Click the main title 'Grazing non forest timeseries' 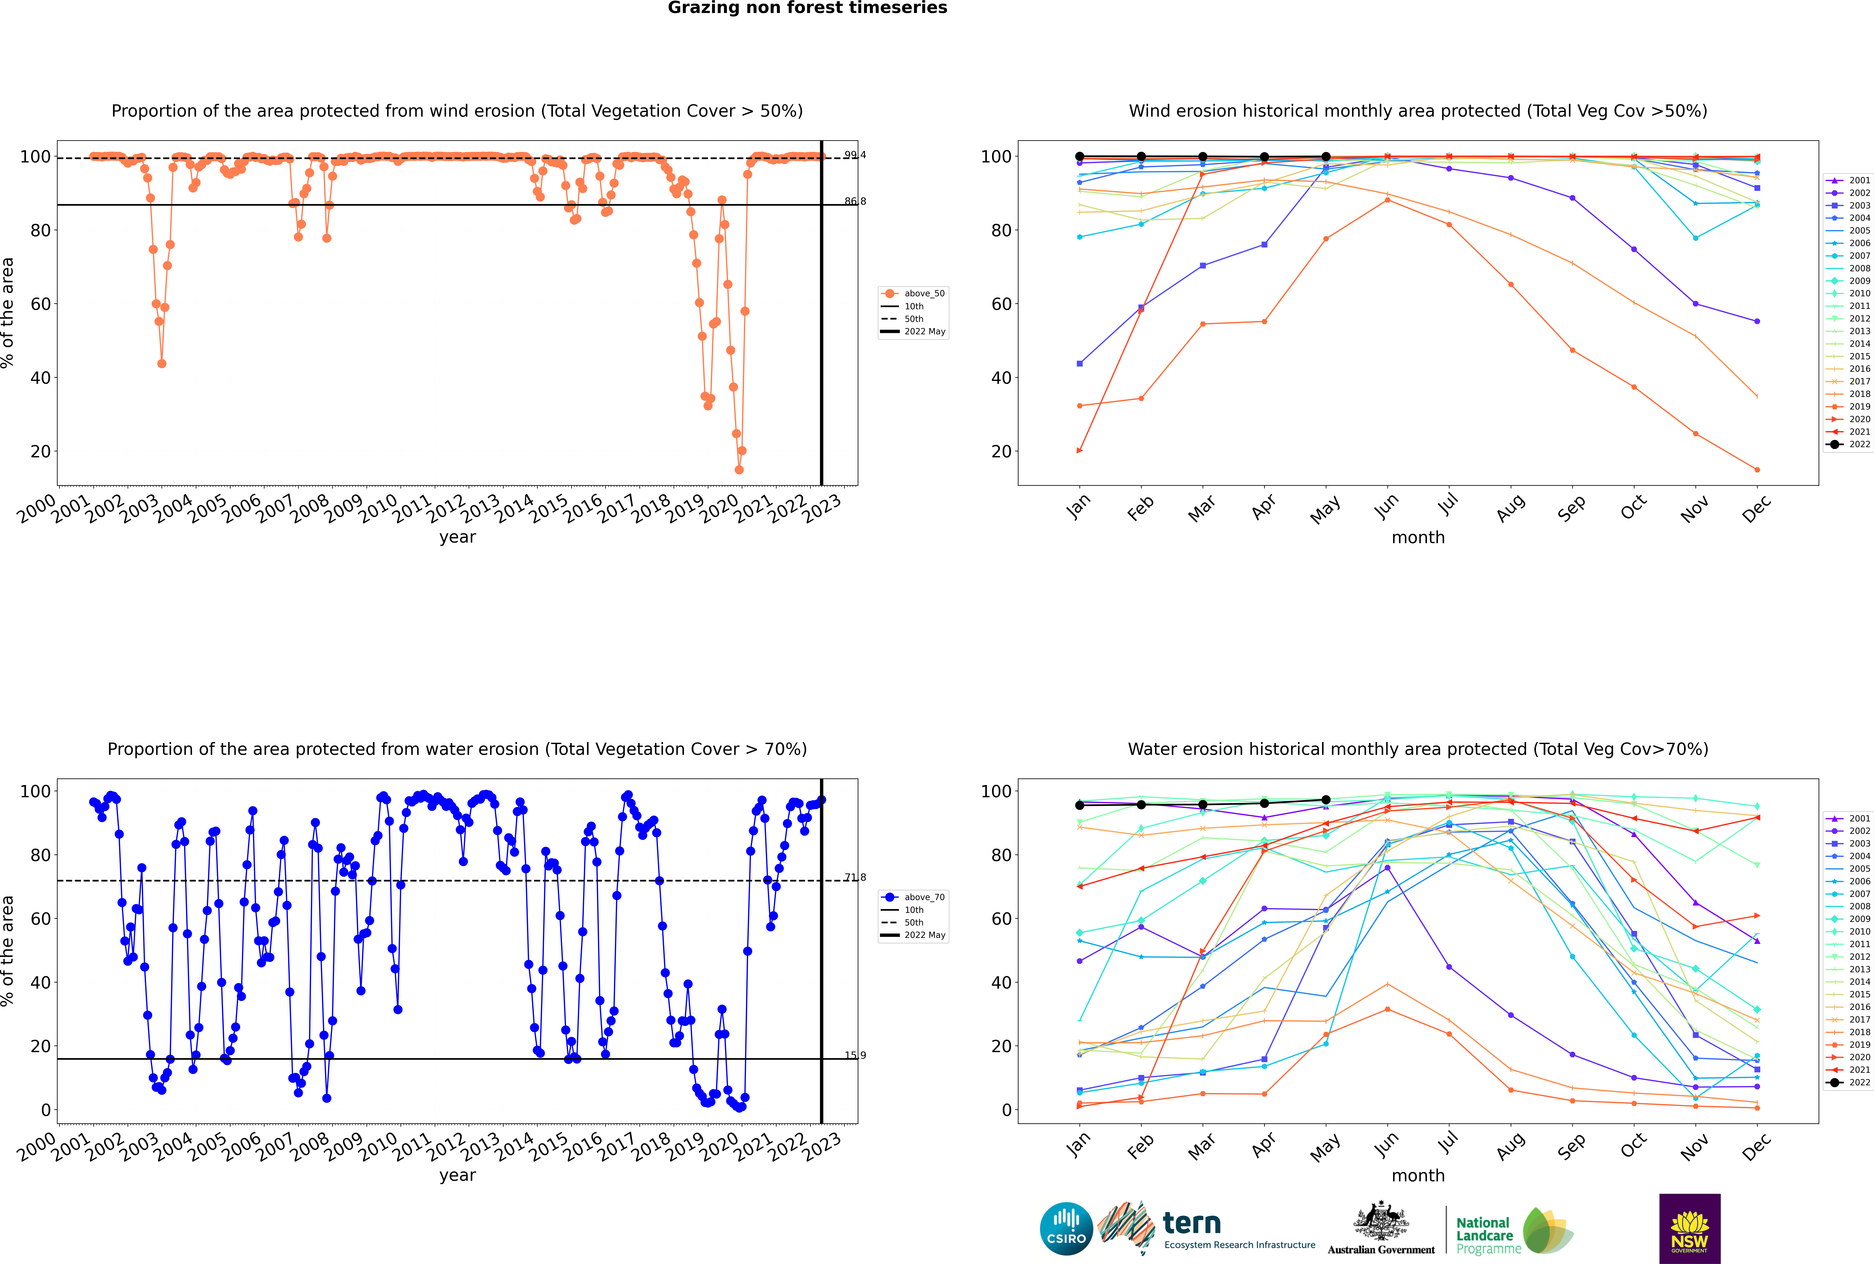pos(807,8)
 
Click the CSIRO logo pos(1066,1229)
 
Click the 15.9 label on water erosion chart pos(855,1055)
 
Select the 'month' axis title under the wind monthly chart pos(1418,538)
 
